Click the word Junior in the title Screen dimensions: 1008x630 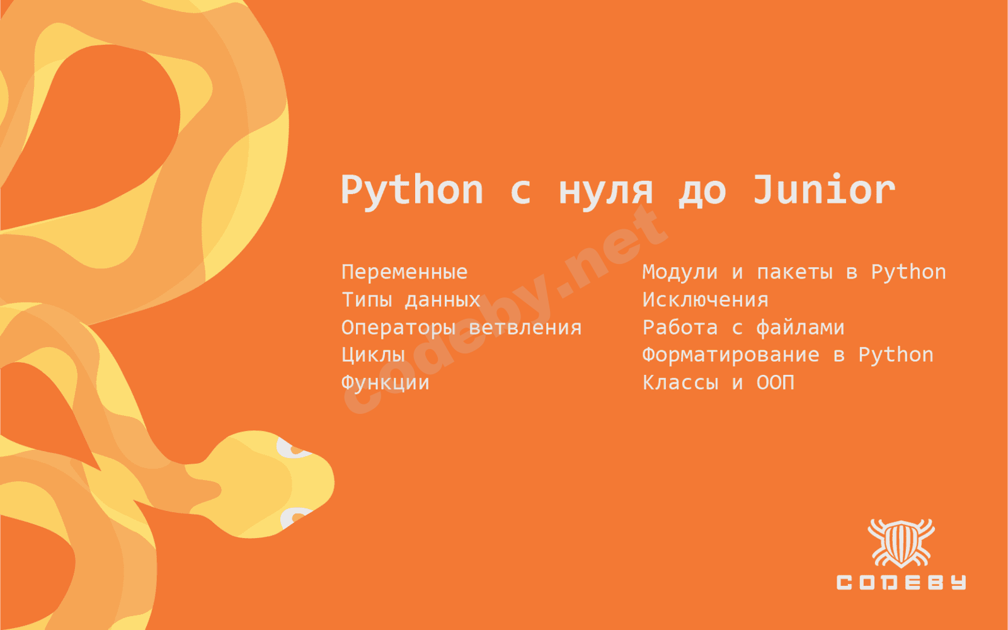click(824, 190)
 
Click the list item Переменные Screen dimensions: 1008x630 click(404, 272)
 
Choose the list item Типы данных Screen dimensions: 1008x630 click(411, 300)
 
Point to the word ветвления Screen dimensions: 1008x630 click(525, 327)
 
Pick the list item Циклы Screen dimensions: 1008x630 click(373, 355)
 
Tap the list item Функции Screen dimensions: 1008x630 click(385, 383)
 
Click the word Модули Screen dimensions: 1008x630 click(680, 272)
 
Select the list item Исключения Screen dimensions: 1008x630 click(705, 300)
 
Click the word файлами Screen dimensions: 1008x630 click(800, 327)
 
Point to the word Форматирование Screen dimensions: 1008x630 click(731, 355)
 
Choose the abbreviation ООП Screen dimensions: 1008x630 click(776, 382)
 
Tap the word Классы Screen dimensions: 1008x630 click(680, 382)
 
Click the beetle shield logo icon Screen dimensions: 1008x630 click(901, 543)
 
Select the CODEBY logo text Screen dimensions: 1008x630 click(901, 582)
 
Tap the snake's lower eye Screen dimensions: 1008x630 click(295, 517)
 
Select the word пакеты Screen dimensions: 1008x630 click(794, 272)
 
